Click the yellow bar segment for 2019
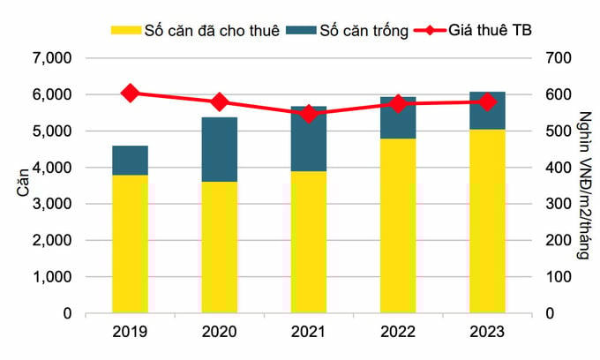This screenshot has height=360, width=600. [x=130, y=244]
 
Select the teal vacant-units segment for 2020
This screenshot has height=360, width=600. [x=220, y=149]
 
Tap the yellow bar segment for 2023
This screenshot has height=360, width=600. [x=487, y=221]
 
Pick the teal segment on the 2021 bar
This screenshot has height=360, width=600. [x=309, y=139]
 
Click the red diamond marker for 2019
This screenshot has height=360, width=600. [x=130, y=93]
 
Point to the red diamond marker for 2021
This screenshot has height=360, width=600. [x=309, y=114]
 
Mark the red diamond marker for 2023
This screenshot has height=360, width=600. [x=487, y=101]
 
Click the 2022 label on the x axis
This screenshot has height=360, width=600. [x=398, y=334]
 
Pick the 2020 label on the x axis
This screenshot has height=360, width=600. [x=220, y=334]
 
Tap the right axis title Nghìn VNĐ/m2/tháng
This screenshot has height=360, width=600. [x=583, y=185]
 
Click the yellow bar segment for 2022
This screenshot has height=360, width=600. [x=398, y=225]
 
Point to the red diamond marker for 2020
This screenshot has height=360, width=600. [x=220, y=102]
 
